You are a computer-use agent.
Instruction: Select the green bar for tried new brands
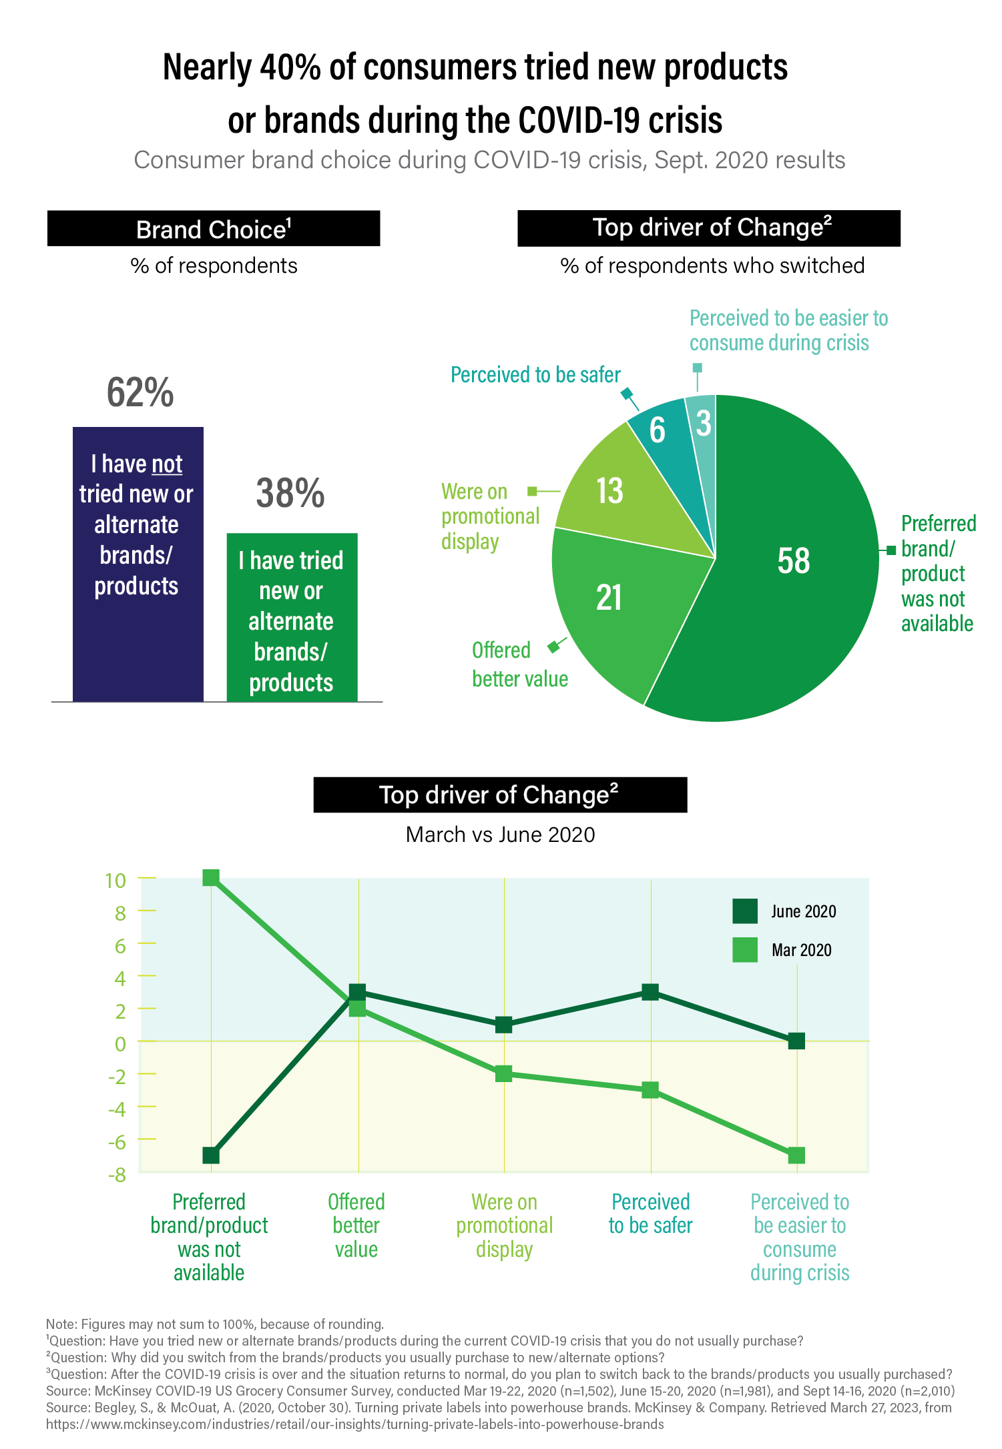click(292, 617)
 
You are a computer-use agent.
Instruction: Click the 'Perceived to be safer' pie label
click(535, 375)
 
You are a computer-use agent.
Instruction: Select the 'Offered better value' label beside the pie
click(519, 664)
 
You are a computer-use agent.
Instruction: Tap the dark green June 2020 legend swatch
click(744, 911)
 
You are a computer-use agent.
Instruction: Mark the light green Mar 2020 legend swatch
click(744, 950)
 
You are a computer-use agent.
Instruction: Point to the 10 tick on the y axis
click(115, 880)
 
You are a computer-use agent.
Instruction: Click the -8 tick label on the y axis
click(117, 1175)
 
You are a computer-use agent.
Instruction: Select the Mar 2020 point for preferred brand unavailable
click(211, 878)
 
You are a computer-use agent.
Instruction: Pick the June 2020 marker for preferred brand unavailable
click(211, 1155)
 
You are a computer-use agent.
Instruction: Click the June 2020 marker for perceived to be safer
click(650, 992)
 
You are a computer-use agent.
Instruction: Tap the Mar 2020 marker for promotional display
click(504, 1073)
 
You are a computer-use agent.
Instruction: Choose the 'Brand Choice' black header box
click(214, 229)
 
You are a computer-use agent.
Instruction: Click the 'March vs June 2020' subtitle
click(500, 835)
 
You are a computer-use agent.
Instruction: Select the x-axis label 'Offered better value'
click(356, 1225)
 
